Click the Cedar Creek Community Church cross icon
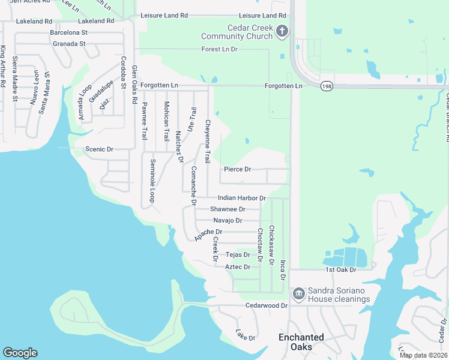point(283,31)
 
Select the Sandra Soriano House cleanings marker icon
point(298,294)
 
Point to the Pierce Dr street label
point(237,169)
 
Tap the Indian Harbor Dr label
point(241,197)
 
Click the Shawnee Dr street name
point(228,209)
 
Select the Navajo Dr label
point(228,220)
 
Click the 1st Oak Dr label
point(341,270)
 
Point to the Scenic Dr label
point(99,149)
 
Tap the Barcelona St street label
point(70,32)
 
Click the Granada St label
point(68,44)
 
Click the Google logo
point(20,353)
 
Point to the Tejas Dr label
point(237,254)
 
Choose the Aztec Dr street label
point(238,266)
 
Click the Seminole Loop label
point(153,180)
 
